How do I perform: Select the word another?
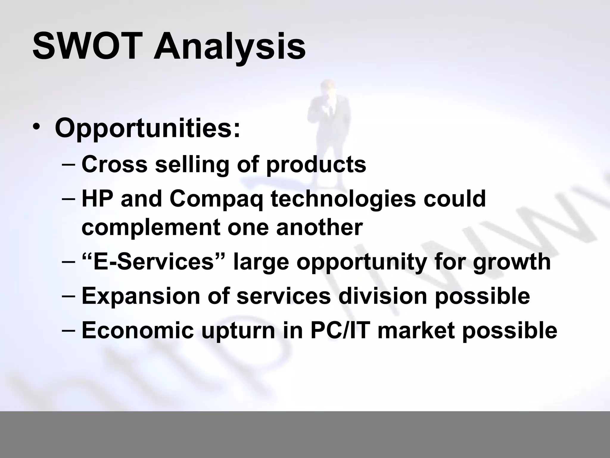pos(319,227)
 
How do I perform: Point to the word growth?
pos(511,262)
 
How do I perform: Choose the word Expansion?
pos(141,296)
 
